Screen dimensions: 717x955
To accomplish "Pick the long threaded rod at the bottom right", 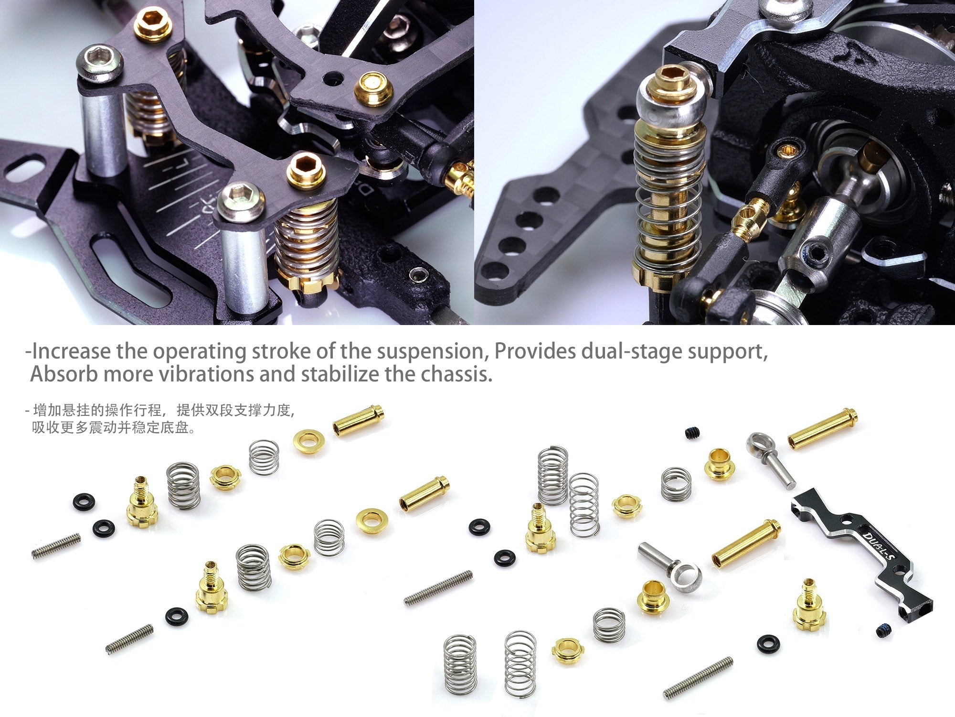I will (x=698, y=678).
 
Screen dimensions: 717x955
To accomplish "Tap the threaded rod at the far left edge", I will (x=55, y=545).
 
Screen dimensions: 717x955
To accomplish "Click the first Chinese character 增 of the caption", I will (x=40, y=410).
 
